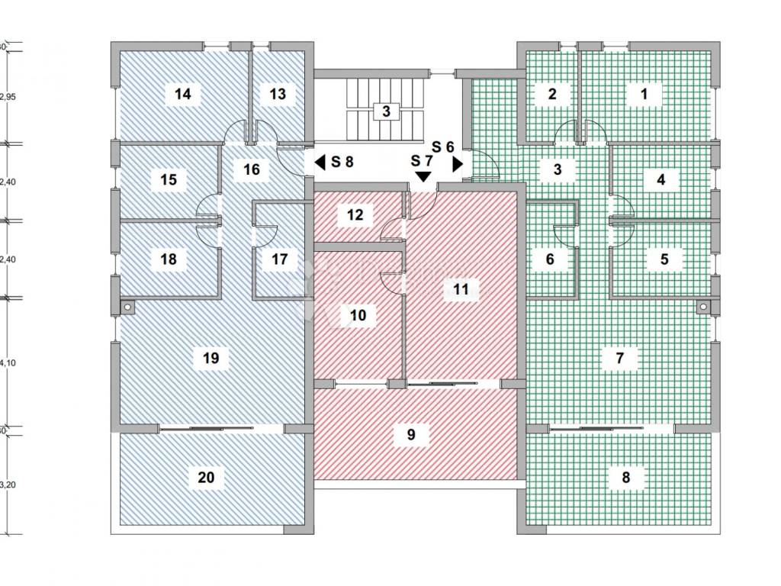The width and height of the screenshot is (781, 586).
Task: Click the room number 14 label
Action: [182, 95]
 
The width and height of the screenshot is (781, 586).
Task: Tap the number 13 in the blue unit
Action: [278, 95]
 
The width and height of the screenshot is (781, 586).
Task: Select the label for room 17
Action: [280, 259]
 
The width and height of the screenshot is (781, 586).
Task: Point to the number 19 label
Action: [211, 357]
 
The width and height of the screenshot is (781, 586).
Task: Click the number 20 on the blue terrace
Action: [206, 478]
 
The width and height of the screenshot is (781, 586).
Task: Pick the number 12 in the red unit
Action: [355, 214]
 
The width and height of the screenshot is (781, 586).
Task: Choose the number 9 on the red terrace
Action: [411, 435]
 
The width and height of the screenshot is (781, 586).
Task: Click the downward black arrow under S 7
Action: [422, 176]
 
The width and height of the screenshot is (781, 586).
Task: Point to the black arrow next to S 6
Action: [458, 163]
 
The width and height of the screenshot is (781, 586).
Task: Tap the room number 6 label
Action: [550, 259]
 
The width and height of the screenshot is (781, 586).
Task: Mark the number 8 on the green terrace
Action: [626, 478]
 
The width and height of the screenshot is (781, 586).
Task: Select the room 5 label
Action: [664, 259]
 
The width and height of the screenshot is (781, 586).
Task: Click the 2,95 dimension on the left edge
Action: [8, 97]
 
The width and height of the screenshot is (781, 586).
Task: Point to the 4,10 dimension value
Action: [8, 363]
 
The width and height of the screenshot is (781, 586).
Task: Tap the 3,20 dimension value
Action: [8, 484]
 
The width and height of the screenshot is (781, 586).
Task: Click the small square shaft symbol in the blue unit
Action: [127, 307]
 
